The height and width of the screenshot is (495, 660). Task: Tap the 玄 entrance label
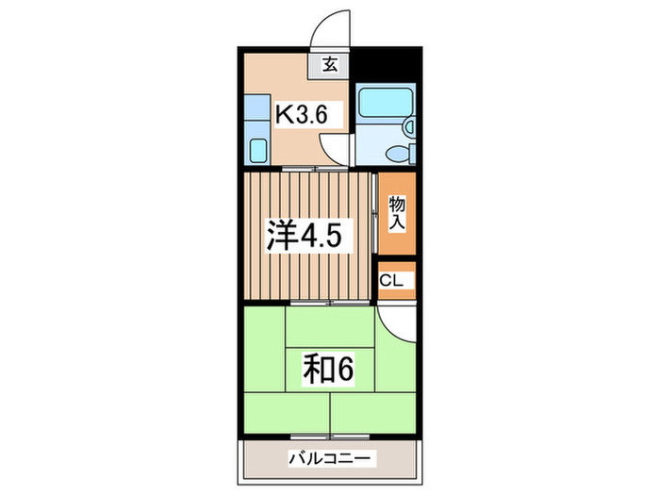pyautogui.click(x=331, y=65)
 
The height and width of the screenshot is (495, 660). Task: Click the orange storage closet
pyautogui.click(x=397, y=214)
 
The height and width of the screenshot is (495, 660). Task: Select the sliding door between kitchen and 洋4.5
pyautogui.click(x=302, y=168)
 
